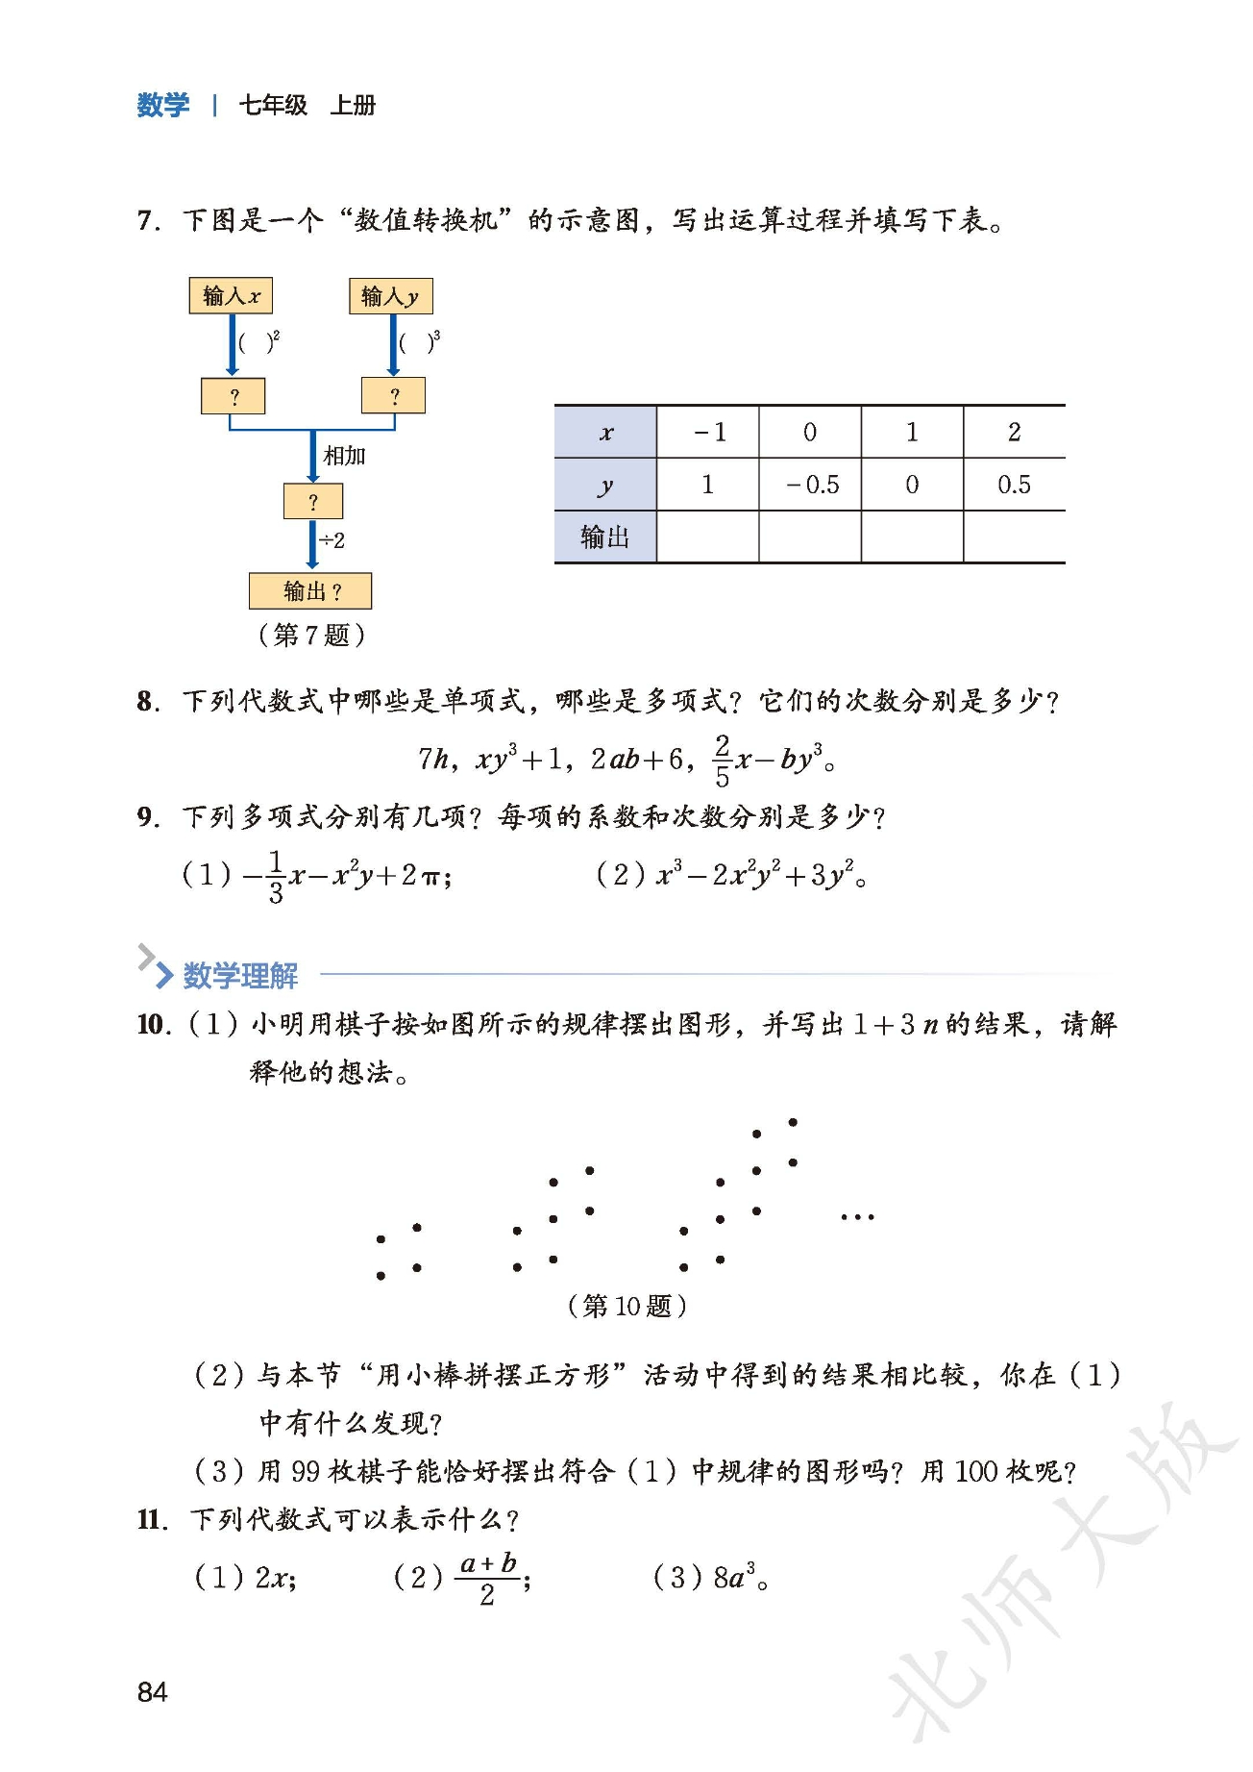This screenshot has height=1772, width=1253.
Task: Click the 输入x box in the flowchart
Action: pyautogui.click(x=231, y=295)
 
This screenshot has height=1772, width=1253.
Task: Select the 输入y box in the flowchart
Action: pyautogui.click(x=390, y=296)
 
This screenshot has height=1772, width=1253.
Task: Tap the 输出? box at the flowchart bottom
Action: pyautogui.click(x=310, y=590)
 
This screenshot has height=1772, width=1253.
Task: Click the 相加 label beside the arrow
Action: pyautogui.click(x=344, y=456)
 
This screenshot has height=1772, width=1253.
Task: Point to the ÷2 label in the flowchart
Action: pyautogui.click(x=332, y=540)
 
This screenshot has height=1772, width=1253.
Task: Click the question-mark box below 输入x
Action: pyautogui.click(x=233, y=396)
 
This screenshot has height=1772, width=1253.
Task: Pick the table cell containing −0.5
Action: pyautogui.click(x=810, y=485)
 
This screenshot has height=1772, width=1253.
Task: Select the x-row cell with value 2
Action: pyautogui.click(x=1014, y=433)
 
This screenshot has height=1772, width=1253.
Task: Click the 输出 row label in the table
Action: pyautogui.click(x=605, y=537)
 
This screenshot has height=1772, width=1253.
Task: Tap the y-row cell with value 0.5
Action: pyautogui.click(x=1014, y=485)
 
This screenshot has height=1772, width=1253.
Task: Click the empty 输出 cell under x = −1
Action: pyautogui.click(x=708, y=537)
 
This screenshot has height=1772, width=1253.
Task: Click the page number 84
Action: pyautogui.click(x=153, y=1691)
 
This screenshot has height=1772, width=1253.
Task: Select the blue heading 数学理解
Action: pyautogui.click(x=240, y=975)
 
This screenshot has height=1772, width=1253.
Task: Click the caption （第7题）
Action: pyautogui.click(x=311, y=635)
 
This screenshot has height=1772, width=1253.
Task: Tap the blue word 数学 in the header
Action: pyautogui.click(x=163, y=105)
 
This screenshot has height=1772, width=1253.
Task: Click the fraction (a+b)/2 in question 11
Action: pyautogui.click(x=488, y=1579)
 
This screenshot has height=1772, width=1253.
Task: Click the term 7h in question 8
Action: pyautogui.click(x=433, y=760)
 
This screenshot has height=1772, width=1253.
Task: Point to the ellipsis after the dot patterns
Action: pyautogui.click(x=857, y=1217)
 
